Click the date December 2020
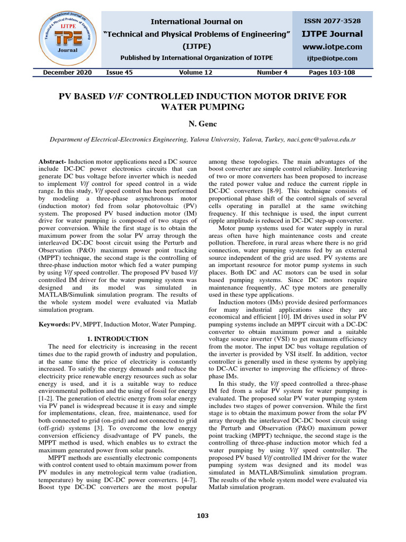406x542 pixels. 67,73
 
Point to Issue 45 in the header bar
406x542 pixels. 119,73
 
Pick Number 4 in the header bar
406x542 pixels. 272,73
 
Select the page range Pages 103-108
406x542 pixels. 335,73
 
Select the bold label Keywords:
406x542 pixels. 56,323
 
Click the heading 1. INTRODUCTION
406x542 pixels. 117,339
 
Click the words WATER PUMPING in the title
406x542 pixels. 202,106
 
